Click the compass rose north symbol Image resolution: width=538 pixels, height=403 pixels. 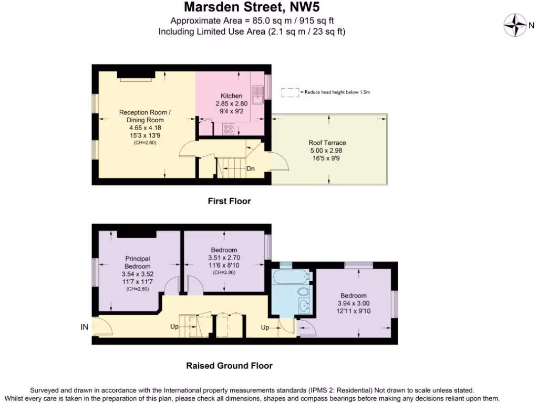click(x=515, y=24)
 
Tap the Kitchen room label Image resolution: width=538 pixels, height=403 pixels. click(x=231, y=96)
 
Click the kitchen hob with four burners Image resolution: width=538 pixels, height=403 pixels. click(x=229, y=129)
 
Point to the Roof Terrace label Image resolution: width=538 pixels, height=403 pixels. click(x=327, y=143)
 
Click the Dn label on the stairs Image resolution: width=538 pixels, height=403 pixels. click(x=251, y=168)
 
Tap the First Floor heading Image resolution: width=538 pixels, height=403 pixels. click(x=229, y=201)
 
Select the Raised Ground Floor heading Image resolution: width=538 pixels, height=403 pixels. click(x=229, y=366)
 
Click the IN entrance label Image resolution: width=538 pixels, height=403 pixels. click(x=84, y=327)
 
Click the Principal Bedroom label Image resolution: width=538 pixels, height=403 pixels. click(x=138, y=262)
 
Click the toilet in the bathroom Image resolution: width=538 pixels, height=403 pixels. click(x=303, y=291)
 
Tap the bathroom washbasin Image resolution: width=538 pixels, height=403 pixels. click(x=303, y=307)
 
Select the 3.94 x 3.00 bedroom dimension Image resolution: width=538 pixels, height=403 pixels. click(x=353, y=303)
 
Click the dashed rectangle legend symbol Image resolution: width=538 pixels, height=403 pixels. click(x=289, y=92)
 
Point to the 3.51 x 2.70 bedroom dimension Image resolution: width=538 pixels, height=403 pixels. click(x=224, y=258)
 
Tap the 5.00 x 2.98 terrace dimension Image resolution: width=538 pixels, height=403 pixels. click(x=327, y=150)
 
